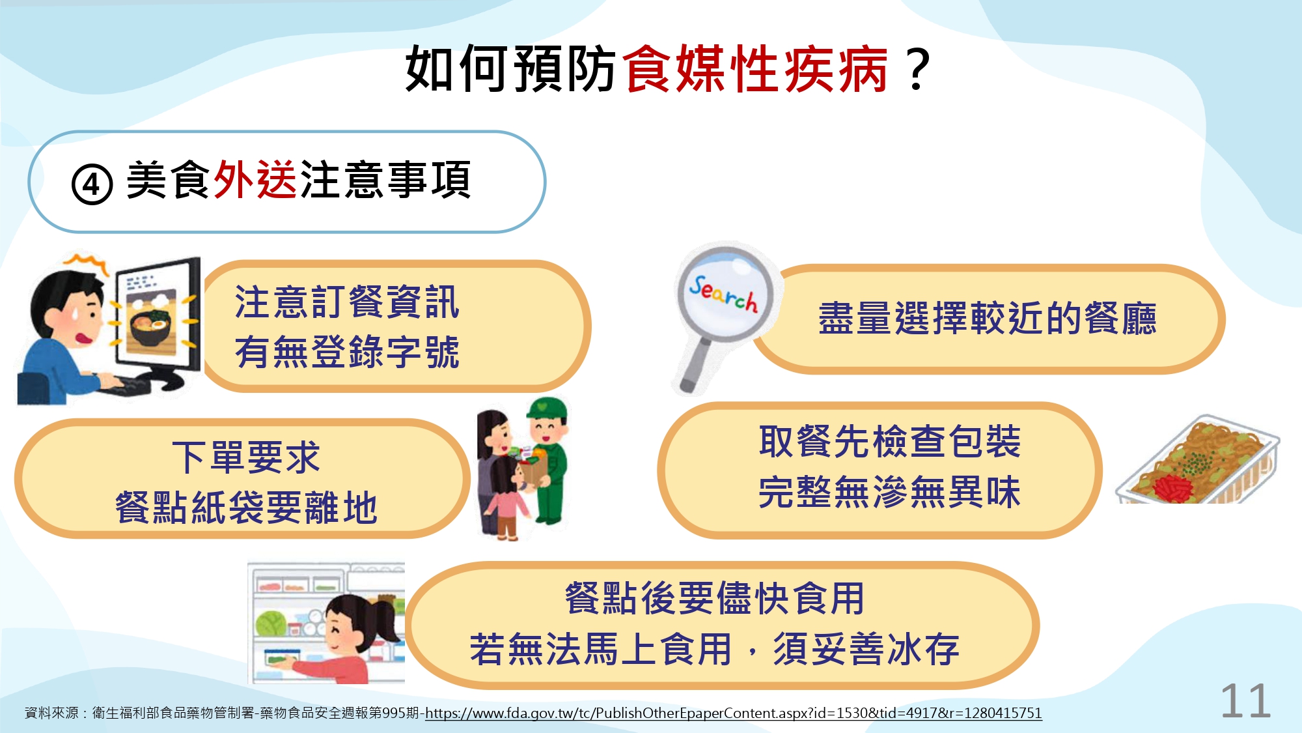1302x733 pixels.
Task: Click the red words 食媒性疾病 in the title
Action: coord(756,69)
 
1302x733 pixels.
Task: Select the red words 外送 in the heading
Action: coord(255,180)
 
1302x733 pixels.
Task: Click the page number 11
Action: coord(1245,701)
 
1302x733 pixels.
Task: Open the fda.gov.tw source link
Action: coord(734,713)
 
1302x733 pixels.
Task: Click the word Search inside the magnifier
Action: coord(724,294)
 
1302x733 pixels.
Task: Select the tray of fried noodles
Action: coord(1198,460)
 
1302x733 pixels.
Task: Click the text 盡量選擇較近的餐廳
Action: coord(988,319)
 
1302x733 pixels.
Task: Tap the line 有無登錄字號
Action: coord(347,352)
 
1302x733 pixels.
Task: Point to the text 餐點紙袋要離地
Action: coord(246,508)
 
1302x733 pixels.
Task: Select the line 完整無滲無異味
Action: coord(889,492)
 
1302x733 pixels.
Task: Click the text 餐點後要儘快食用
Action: coord(714,598)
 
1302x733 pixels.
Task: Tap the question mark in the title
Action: coord(918,69)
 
